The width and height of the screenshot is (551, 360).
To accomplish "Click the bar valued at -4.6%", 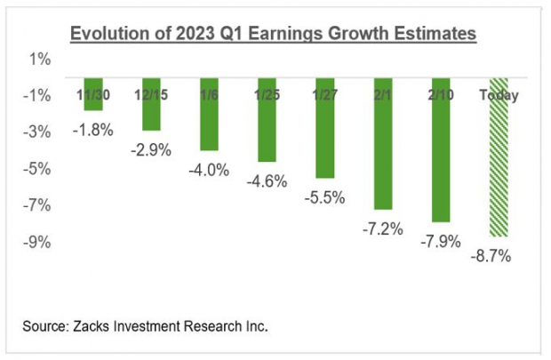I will [x=268, y=120].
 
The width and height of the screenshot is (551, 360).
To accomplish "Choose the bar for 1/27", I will [x=325, y=128].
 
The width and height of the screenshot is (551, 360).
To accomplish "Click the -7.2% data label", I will [x=383, y=228].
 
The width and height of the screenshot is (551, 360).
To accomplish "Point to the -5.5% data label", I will [x=325, y=197].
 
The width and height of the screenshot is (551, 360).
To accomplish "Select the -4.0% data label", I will [x=209, y=169].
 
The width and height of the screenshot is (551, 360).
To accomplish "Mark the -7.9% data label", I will [x=442, y=242].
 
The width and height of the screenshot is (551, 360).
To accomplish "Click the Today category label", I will [x=499, y=95].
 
